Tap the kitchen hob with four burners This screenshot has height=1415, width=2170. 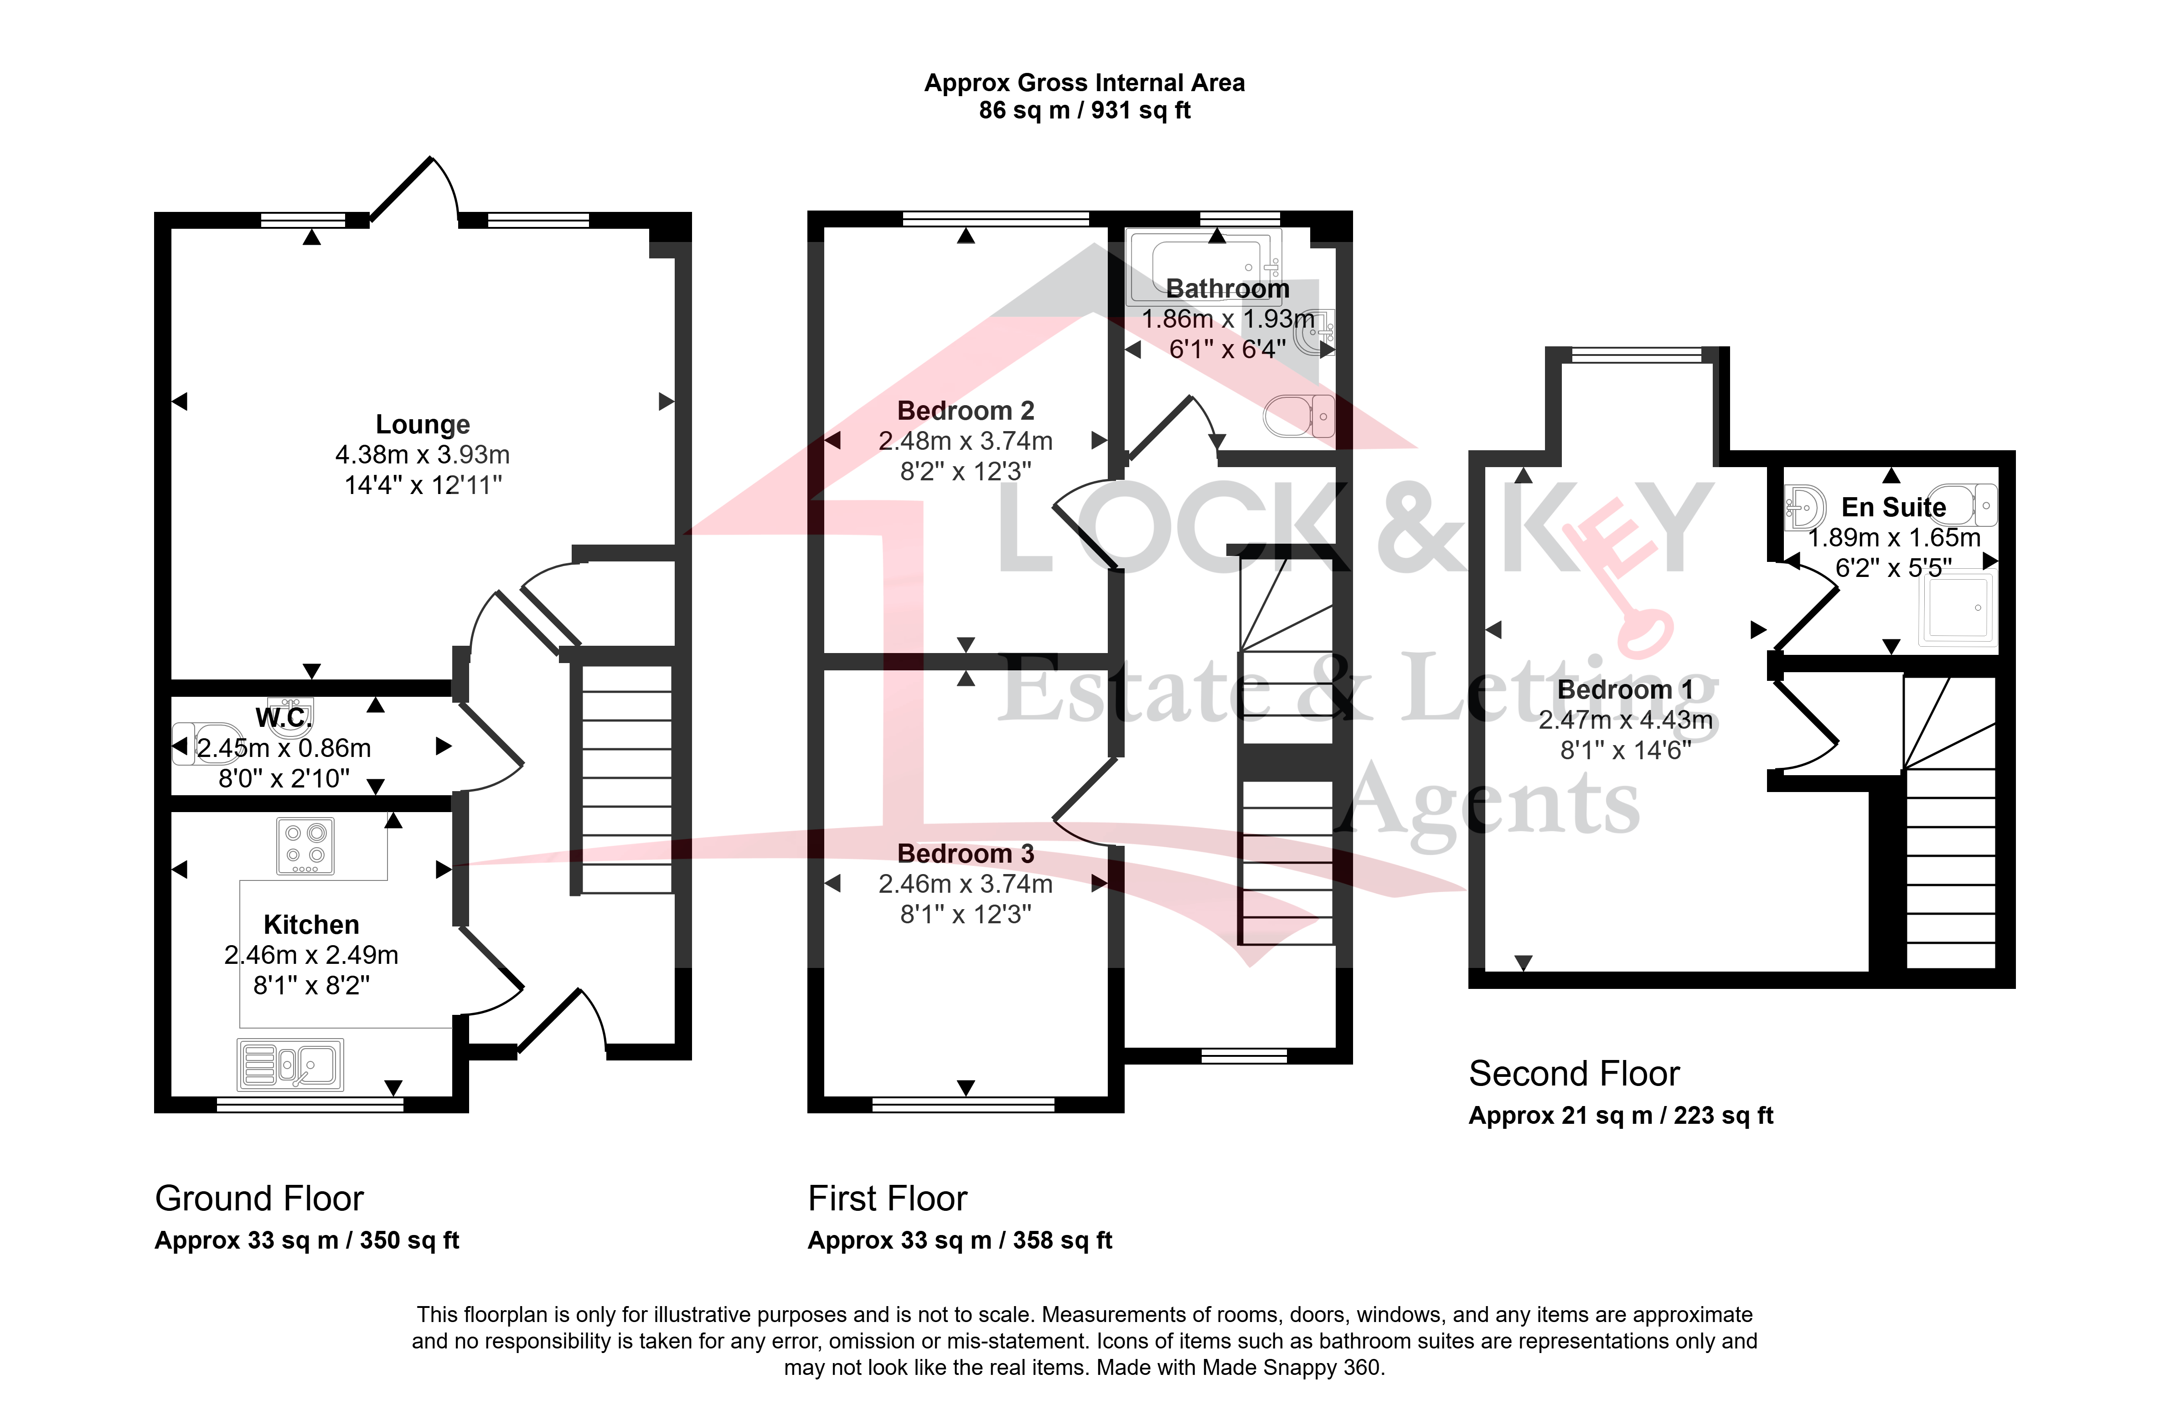(x=305, y=846)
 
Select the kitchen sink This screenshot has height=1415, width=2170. (x=290, y=1064)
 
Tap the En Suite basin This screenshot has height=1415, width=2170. (x=1805, y=507)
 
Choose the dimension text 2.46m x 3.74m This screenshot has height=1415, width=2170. (x=966, y=884)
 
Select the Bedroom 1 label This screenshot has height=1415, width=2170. (x=1625, y=689)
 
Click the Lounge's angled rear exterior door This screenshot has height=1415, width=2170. (x=401, y=189)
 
